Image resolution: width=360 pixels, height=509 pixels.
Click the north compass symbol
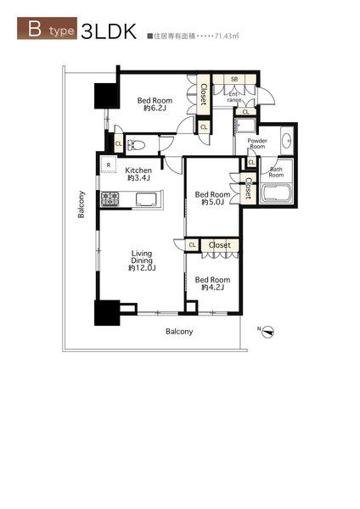click(x=268, y=332)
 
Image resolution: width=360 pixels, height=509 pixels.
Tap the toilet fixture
click(x=134, y=145)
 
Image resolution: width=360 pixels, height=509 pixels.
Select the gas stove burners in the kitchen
click(x=110, y=199)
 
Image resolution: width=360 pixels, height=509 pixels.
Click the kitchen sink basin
click(x=145, y=199)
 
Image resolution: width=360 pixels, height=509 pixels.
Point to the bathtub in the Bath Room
click(x=276, y=193)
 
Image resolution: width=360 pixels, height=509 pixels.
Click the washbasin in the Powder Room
click(x=287, y=140)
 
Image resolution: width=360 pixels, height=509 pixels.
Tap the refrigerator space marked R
click(x=109, y=165)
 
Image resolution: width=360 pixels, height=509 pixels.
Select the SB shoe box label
click(x=234, y=79)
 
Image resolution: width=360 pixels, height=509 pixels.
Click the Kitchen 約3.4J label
click(x=138, y=174)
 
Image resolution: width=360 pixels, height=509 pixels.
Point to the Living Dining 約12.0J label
click(x=142, y=260)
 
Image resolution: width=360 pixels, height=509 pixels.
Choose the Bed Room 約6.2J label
click(x=155, y=104)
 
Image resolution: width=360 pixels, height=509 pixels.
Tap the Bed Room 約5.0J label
click(x=212, y=199)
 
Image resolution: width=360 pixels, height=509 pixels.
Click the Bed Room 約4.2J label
click(x=212, y=283)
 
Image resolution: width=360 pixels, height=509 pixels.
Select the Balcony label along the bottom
click(x=179, y=332)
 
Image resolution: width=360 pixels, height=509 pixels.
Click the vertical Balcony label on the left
click(x=82, y=204)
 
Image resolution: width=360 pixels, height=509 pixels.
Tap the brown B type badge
click(x=47, y=28)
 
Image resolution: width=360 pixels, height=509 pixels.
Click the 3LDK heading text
click(x=109, y=31)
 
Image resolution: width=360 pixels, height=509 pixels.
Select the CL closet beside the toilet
click(x=119, y=143)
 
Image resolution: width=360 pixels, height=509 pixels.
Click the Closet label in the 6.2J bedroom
click(x=204, y=94)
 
